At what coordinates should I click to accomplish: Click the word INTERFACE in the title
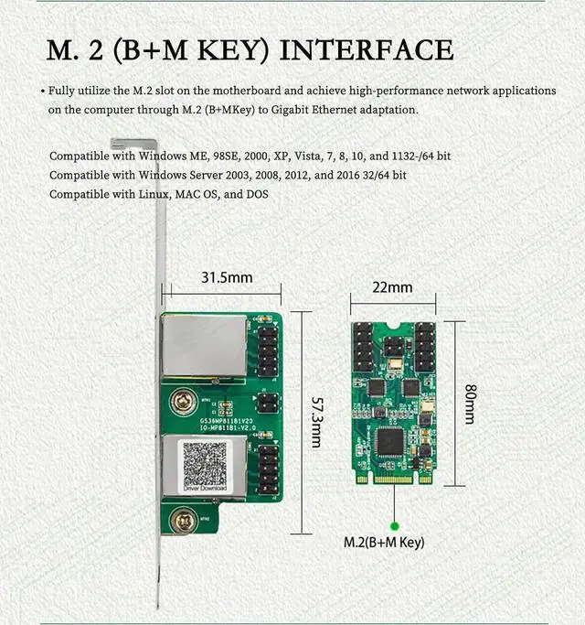(x=367, y=51)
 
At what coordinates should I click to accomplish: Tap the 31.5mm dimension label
(x=226, y=277)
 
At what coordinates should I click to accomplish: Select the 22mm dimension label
(x=392, y=287)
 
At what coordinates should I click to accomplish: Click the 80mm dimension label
(x=469, y=403)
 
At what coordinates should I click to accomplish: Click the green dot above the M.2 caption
(x=394, y=525)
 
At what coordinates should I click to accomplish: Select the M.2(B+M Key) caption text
(x=384, y=543)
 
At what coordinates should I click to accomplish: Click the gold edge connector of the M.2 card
(x=392, y=478)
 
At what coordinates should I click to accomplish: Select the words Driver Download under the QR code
(x=206, y=489)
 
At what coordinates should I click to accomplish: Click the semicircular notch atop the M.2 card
(x=392, y=326)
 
